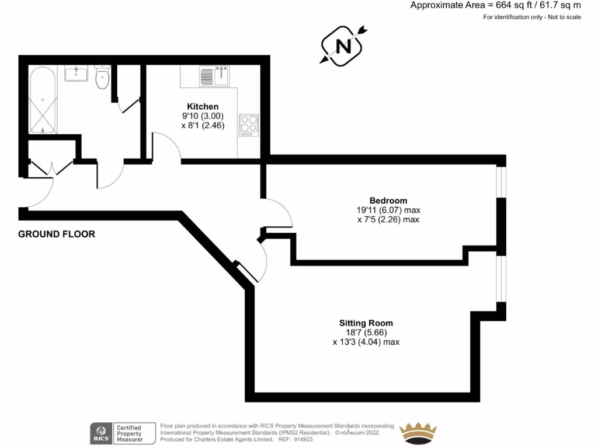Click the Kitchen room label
click(203, 107)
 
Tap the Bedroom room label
click(388, 201)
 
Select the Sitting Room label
click(366, 323)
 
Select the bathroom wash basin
click(76, 73)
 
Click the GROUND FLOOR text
click(57, 235)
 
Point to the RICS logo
click(99, 433)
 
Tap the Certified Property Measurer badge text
click(129, 433)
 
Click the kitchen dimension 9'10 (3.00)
click(203, 116)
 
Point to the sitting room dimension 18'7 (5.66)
click(366, 332)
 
